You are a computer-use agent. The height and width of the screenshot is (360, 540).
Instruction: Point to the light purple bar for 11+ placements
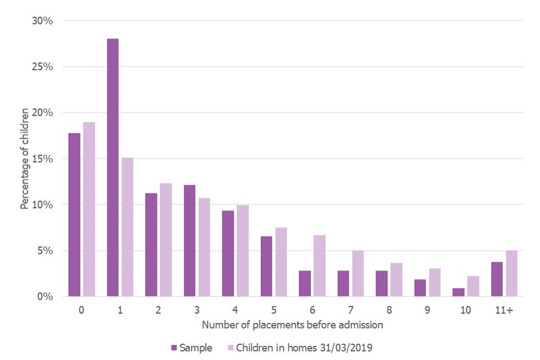coord(511,273)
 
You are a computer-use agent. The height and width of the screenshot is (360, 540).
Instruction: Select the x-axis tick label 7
coord(351,309)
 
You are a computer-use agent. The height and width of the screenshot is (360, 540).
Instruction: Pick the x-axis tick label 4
coord(235,309)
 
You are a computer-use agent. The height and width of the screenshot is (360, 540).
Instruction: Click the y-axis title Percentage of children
coord(24,159)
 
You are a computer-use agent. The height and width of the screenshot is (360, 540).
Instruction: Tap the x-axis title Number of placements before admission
coord(292,325)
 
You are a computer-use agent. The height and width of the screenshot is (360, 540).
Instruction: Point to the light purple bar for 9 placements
coord(435,282)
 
